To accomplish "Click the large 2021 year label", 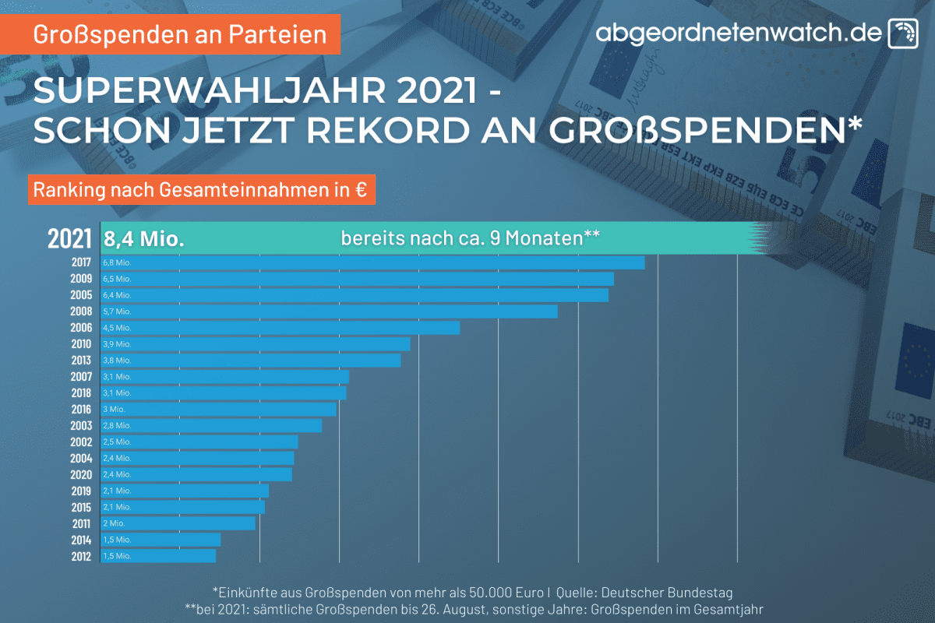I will click(x=69, y=238).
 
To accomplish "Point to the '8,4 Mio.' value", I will click(x=144, y=238).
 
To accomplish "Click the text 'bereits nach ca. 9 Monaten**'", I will click(x=470, y=238).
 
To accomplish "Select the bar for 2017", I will click(x=372, y=262).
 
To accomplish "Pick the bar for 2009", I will click(x=357, y=279).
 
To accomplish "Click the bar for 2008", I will click(x=329, y=311).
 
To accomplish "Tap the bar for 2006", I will click(x=280, y=328).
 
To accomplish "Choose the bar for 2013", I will click(x=250, y=361).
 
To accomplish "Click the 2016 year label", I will click(x=80, y=409).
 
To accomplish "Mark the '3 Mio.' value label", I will click(x=114, y=409).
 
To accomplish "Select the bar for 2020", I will click(x=196, y=474).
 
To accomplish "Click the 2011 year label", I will click(x=80, y=523).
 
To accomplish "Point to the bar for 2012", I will click(x=158, y=556).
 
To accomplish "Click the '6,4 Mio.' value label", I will click(x=117, y=295).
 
